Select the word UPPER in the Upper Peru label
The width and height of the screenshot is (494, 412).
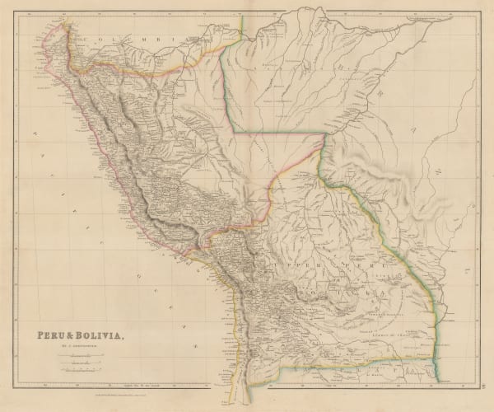[x=318, y=269]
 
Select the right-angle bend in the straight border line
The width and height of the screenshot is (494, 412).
[x=233, y=131]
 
